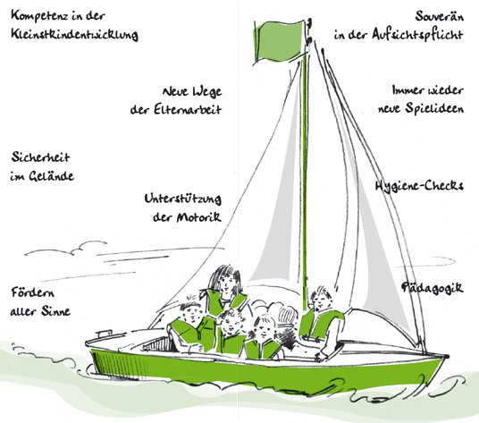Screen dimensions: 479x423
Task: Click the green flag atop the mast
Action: pos(279,41)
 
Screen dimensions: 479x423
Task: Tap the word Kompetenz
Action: pos(38,15)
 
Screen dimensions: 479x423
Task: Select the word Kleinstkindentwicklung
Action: pos(74,34)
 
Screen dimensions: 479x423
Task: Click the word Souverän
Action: pos(440,15)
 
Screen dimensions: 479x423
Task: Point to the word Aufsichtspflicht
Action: pos(417,34)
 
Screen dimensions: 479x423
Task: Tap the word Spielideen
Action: pos(434,108)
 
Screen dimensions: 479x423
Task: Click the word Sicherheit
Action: pos(40,157)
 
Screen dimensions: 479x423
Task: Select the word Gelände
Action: pos(51,175)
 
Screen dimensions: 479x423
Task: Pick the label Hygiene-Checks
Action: pos(419,185)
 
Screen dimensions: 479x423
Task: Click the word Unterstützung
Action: pos(182,199)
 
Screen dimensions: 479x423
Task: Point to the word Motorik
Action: pos(199,217)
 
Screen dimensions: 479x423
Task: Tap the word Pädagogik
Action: pos(433,288)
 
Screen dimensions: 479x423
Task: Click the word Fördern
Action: pos(33,292)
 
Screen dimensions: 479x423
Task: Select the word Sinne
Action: pos(56,311)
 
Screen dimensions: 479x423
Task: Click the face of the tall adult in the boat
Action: pos(226,283)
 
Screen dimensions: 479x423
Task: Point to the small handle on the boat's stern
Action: pos(104,333)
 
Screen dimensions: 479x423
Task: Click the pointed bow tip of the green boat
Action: pos(448,355)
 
